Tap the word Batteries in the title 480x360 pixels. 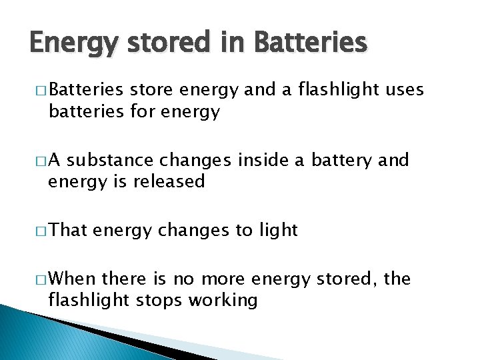pyautogui.click(x=311, y=43)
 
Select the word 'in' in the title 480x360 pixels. pyautogui.click(x=229, y=43)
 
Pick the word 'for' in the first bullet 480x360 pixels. pyautogui.click(x=133, y=111)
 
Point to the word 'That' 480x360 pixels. pyautogui.click(x=68, y=230)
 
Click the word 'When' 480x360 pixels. pyautogui.click(x=72, y=278)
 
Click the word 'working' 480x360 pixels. pyautogui.click(x=223, y=301)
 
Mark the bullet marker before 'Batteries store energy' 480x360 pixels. pyautogui.click(x=41, y=89)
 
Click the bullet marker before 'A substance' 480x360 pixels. pyautogui.click(x=41, y=161)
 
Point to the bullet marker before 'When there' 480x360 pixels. pyautogui.click(x=41, y=279)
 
